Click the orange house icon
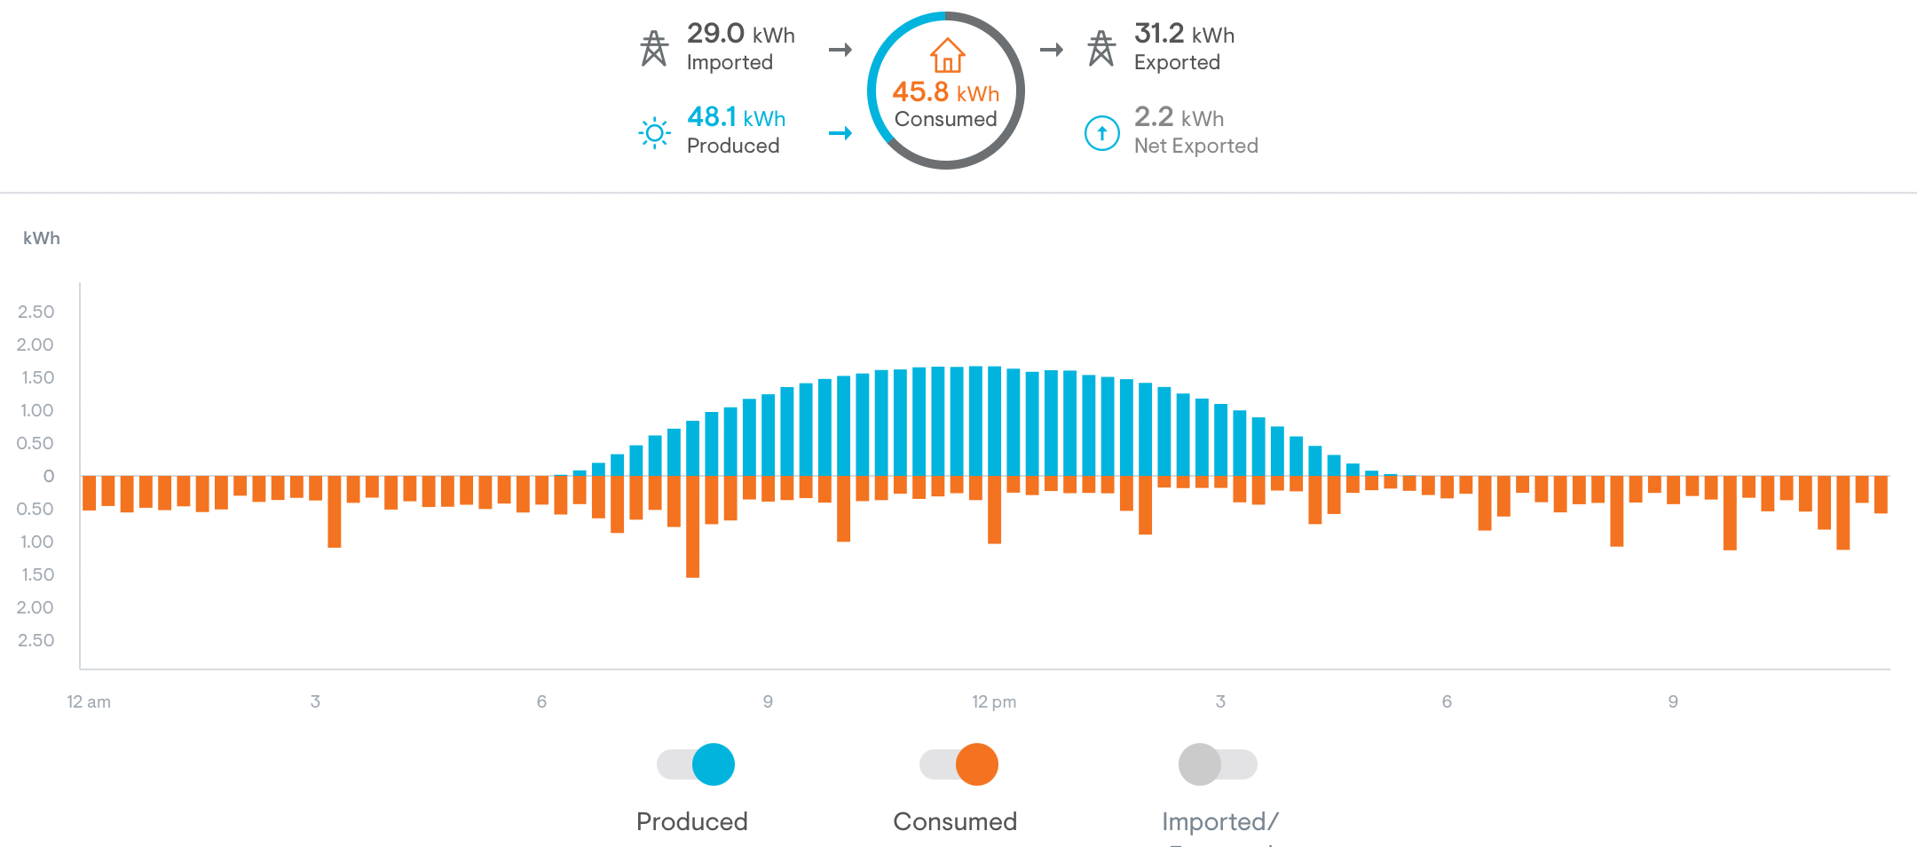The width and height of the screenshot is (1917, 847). pos(947,55)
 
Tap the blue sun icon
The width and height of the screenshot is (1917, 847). pos(655,133)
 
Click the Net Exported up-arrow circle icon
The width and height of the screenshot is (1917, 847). pos(1102,133)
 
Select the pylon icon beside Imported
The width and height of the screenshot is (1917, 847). pos(654,49)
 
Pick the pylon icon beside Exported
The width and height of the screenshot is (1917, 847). pos(1101,49)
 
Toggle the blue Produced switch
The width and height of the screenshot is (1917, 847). pos(697,764)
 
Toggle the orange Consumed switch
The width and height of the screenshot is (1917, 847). pos(959,764)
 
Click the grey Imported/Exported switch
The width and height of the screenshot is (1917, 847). pos(1217,764)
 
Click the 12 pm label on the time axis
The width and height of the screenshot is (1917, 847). pos(994,701)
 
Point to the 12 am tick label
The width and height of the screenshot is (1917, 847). pos(89,701)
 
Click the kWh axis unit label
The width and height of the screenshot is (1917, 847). pos(42,238)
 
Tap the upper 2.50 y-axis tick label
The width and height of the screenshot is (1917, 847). pos(36,312)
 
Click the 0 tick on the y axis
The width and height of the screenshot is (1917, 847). pos(49,476)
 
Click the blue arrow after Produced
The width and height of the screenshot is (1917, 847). pos(840,133)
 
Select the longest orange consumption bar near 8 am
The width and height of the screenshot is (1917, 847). pos(692,528)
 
